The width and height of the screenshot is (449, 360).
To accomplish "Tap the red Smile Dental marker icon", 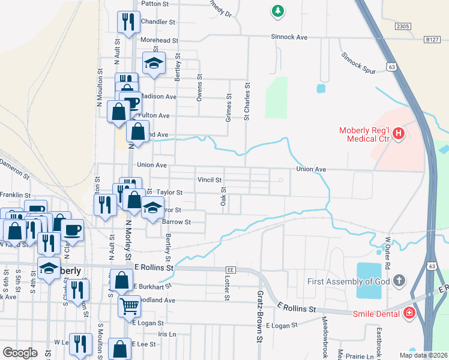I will coord(409,313).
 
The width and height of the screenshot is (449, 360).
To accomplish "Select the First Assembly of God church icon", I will coord(398,281).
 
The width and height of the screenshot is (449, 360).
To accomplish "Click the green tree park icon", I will coord(277,11).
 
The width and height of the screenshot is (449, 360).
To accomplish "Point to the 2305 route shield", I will coord(403,26).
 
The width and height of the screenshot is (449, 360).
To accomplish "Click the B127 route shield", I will coord(432,39).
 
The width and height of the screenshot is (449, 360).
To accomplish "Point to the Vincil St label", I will coord(209,179).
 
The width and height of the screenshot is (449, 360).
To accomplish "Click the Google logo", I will coord(20,353).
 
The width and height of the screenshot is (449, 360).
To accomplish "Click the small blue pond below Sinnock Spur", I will coord(321,88).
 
